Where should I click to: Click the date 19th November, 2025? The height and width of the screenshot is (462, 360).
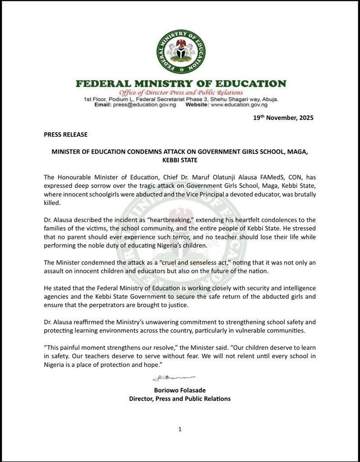283,118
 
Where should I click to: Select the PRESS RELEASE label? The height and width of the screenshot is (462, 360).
65,134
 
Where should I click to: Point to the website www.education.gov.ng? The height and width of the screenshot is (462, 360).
240,105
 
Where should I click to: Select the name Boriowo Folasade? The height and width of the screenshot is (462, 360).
180,390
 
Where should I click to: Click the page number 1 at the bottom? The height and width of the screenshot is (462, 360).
180,429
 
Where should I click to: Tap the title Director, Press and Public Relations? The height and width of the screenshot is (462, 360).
180,398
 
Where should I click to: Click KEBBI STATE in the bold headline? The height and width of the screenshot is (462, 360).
180,160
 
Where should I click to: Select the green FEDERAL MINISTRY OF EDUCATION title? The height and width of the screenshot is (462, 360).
180,84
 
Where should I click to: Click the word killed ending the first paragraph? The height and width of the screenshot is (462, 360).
52,203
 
